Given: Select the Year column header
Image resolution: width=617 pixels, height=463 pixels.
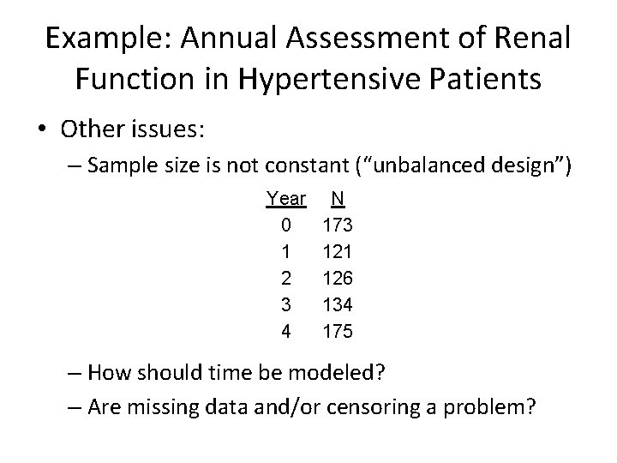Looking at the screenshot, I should [x=285, y=199].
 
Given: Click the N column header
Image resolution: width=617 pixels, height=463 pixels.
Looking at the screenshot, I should [x=338, y=199].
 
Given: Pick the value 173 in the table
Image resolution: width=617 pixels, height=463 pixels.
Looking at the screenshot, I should [x=338, y=225].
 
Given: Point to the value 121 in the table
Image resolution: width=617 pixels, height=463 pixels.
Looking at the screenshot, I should [x=338, y=252].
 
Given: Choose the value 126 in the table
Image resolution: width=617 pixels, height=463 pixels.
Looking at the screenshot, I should [x=338, y=279].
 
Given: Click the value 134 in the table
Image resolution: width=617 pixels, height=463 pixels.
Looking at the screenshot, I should [x=338, y=305].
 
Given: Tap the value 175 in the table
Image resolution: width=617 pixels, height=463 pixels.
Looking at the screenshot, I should [x=338, y=332].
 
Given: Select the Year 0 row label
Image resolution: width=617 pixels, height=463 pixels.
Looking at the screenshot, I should [x=285, y=225].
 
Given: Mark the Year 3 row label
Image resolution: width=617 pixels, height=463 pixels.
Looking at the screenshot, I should [x=285, y=305].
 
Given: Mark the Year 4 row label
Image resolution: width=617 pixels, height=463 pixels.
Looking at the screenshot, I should [x=285, y=332].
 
